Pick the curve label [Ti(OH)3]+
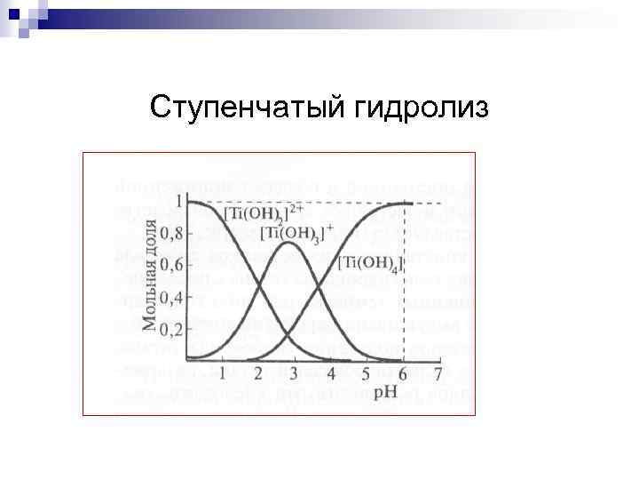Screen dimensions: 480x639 [x=296, y=233]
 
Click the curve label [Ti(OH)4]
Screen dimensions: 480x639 [x=370, y=262]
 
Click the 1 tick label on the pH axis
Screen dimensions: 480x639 [x=222, y=373]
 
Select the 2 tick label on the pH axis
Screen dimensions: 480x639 [x=257, y=373]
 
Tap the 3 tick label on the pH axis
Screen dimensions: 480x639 [x=294, y=373]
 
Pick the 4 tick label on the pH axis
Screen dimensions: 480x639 [x=330, y=373]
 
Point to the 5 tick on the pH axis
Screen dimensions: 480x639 [x=367, y=373]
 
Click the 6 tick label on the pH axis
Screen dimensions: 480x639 [x=403, y=373]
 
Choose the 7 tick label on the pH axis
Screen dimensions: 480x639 [x=438, y=373]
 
